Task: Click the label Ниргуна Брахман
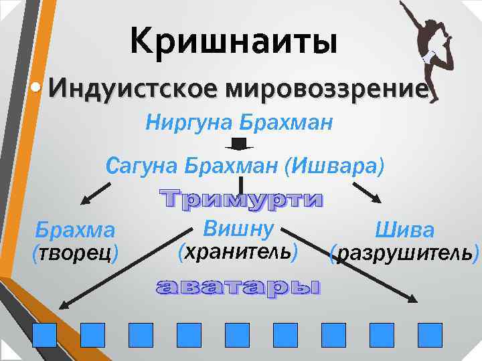pos(238,123)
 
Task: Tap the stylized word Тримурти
pos(242,199)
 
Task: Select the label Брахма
pos(75,231)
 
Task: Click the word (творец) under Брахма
pos(75,253)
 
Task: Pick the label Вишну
pos(239,229)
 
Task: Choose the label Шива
pos(404,231)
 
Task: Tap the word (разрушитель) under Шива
pos(405,254)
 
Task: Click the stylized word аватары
pos(238,288)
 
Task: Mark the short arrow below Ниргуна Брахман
pos(239,144)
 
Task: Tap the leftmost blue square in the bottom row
pos(45,334)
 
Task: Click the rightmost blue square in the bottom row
pos(430,334)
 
